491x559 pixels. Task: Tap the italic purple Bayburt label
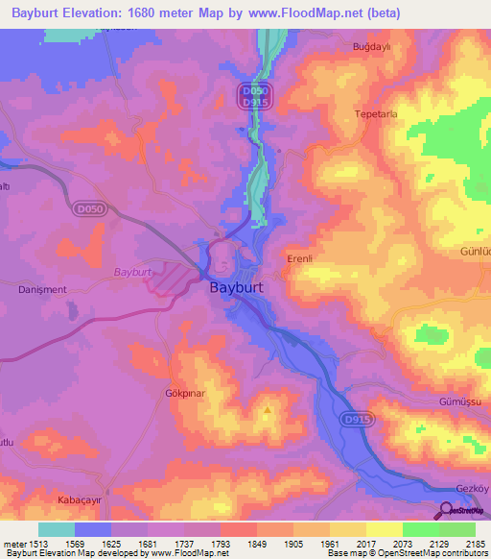click(x=133, y=272)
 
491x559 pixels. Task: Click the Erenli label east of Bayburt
click(x=302, y=259)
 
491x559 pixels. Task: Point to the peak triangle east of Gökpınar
click(x=268, y=411)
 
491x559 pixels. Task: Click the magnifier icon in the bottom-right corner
click(x=446, y=510)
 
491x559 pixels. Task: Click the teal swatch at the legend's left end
click(x=56, y=528)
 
